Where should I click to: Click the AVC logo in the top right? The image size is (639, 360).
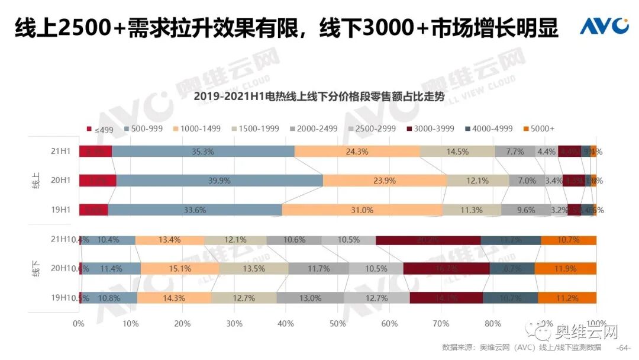(x=603, y=26)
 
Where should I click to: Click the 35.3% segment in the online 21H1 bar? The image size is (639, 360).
(x=203, y=152)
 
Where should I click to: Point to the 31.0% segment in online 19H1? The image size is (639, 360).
(x=362, y=210)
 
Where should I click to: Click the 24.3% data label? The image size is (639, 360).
(x=357, y=152)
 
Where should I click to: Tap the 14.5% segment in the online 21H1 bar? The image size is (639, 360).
(x=457, y=152)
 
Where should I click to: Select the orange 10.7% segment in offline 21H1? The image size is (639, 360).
(x=569, y=240)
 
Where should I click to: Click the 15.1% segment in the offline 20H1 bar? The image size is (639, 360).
(x=180, y=269)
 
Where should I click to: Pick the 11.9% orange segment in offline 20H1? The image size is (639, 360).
(x=566, y=269)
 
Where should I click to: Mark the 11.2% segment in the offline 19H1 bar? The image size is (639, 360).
(x=567, y=298)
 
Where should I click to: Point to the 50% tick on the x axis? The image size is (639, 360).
(x=337, y=323)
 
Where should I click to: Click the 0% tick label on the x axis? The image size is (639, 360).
(x=79, y=323)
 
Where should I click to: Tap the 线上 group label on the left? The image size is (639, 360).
(x=35, y=181)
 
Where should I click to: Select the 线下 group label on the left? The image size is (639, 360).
(x=35, y=269)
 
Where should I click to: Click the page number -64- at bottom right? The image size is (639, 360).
(x=624, y=348)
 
